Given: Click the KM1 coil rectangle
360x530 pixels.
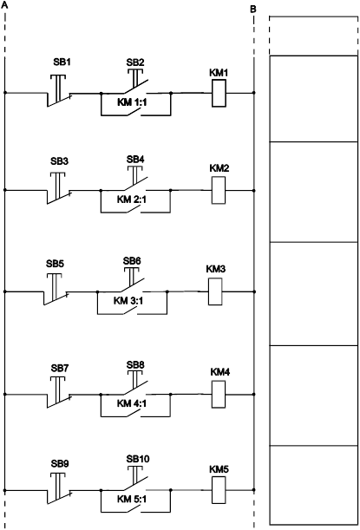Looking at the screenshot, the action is tap(219, 94).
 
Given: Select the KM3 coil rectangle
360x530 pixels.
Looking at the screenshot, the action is tap(215, 291).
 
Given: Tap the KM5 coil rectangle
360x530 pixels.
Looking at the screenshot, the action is tap(219, 490).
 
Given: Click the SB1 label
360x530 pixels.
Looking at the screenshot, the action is tap(62, 62).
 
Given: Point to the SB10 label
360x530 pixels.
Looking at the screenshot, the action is tap(138, 459).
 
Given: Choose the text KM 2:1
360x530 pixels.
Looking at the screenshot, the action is tap(132, 200).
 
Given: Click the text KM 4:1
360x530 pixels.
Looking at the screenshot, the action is tap(132, 403).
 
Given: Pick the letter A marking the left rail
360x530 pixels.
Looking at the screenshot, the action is tap(4, 5).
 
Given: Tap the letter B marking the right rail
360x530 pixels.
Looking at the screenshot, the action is tap(253, 10).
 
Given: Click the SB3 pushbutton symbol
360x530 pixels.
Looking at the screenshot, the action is tap(58, 188).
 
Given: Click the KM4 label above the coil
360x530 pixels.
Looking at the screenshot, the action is tap(220, 372).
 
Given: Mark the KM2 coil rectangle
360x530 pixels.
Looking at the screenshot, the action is tap(219, 190).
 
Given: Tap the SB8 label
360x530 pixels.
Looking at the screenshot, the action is tap(135, 365).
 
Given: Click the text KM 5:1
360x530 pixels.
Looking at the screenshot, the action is tap(132, 499).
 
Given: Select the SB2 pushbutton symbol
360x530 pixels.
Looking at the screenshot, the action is tap(135, 82).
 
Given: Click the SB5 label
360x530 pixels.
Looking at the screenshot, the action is tap(56, 264).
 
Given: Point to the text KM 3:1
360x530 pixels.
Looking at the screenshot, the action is tap(128, 301).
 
